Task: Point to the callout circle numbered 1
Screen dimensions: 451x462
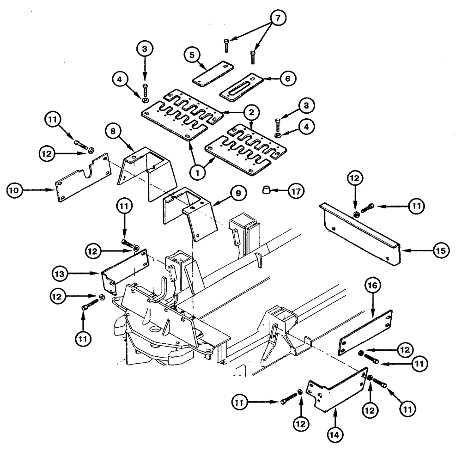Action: point(199,173)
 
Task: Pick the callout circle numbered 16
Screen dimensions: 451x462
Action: point(374,287)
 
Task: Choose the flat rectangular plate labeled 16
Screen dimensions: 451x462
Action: point(365,331)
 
